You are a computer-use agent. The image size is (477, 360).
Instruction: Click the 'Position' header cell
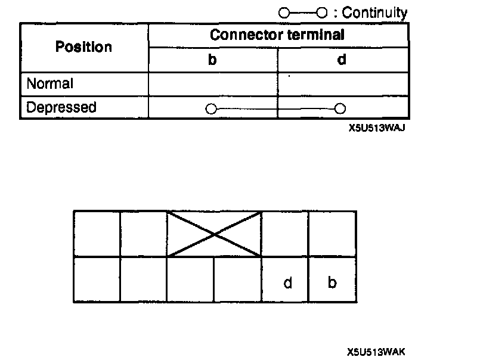click(x=83, y=47)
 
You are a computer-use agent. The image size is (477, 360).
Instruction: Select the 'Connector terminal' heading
click(x=277, y=35)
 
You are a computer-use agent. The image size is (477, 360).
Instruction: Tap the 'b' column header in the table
click(x=212, y=60)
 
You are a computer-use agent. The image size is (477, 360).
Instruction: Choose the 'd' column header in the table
click(x=342, y=60)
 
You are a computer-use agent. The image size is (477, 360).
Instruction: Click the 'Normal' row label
click(x=50, y=83)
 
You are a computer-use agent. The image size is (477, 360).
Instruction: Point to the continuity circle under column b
click(x=210, y=108)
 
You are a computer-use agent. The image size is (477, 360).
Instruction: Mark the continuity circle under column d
click(x=340, y=108)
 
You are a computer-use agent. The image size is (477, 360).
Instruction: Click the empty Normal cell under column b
click(x=212, y=83)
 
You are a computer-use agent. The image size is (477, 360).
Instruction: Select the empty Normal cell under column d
click(x=342, y=83)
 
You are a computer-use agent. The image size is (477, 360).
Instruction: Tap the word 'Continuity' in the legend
click(x=375, y=13)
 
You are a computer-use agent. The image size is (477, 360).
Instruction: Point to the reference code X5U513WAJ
click(x=373, y=127)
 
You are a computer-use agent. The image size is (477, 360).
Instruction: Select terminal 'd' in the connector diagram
click(x=287, y=283)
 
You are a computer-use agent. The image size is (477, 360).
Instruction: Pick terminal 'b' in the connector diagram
click(x=332, y=283)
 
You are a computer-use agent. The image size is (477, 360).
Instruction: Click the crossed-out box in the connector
click(x=215, y=234)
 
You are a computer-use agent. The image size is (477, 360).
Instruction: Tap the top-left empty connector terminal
click(x=97, y=234)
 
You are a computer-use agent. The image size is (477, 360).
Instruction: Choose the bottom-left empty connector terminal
click(x=97, y=279)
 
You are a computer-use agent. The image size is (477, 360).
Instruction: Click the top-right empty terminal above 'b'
click(x=332, y=234)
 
